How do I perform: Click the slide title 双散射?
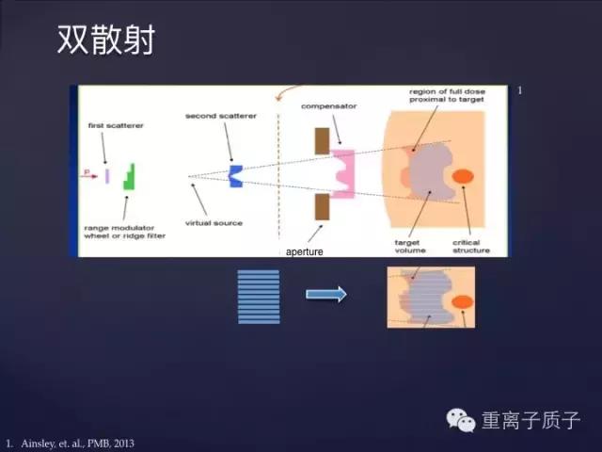[x=105, y=40]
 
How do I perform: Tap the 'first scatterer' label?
[x=109, y=125]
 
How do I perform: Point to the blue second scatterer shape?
[x=236, y=174]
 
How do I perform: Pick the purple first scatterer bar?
[x=107, y=175]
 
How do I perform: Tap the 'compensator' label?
[x=327, y=106]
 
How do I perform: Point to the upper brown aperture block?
[x=322, y=139]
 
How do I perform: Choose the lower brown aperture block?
[x=322, y=207]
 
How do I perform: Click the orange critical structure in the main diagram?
[x=464, y=177]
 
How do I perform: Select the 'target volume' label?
[x=411, y=246]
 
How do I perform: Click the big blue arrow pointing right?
[x=326, y=295]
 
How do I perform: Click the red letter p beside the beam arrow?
[x=87, y=172]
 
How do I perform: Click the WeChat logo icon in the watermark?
[x=461, y=419]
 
